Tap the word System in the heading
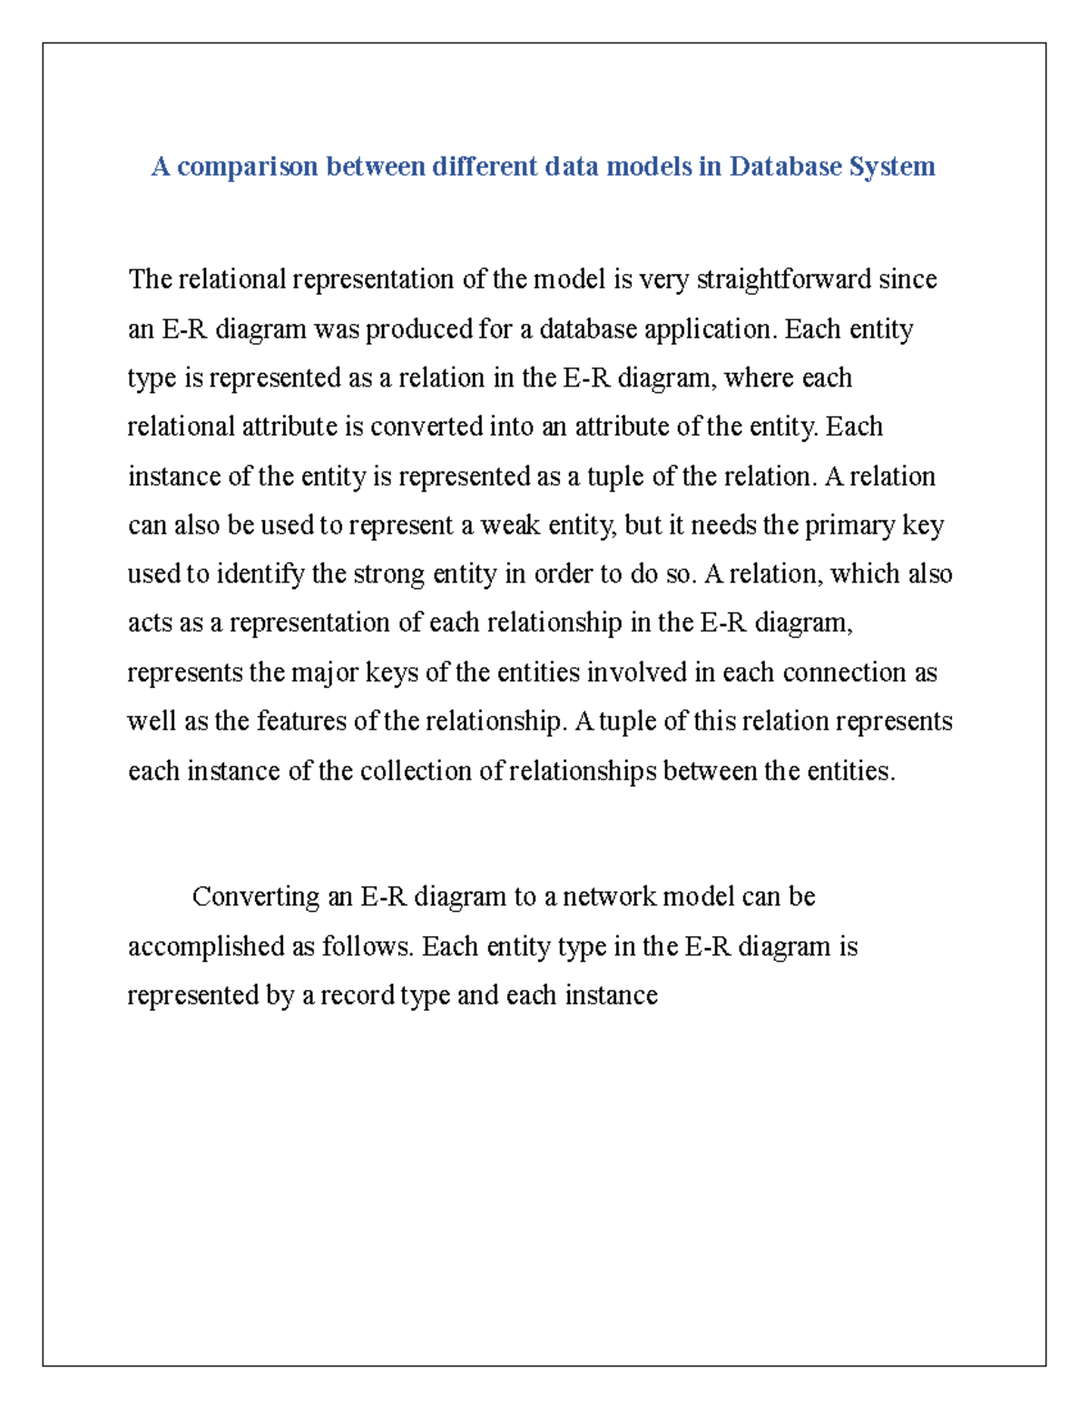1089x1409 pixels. pyautogui.click(x=891, y=167)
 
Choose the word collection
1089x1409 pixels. pyautogui.click(x=417, y=771)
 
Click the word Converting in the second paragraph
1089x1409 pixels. pyautogui.click(x=256, y=897)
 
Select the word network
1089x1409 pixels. pyautogui.click(x=610, y=897)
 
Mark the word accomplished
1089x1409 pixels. pyautogui.click(x=206, y=947)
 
